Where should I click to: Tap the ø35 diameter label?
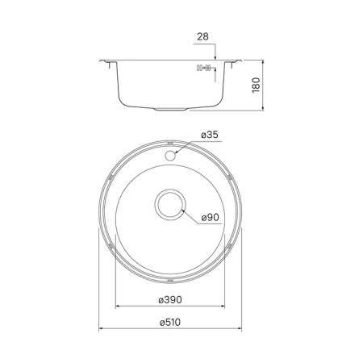209,135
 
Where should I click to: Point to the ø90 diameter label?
211,217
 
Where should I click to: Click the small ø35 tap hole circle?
171,151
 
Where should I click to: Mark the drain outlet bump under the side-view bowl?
171,107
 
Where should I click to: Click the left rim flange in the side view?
107,62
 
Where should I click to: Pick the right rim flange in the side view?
235,62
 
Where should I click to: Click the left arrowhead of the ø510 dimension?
102,329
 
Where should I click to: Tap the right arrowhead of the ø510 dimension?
240,329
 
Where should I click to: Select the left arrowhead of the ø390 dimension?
119,307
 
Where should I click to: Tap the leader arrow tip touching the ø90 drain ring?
185,211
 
